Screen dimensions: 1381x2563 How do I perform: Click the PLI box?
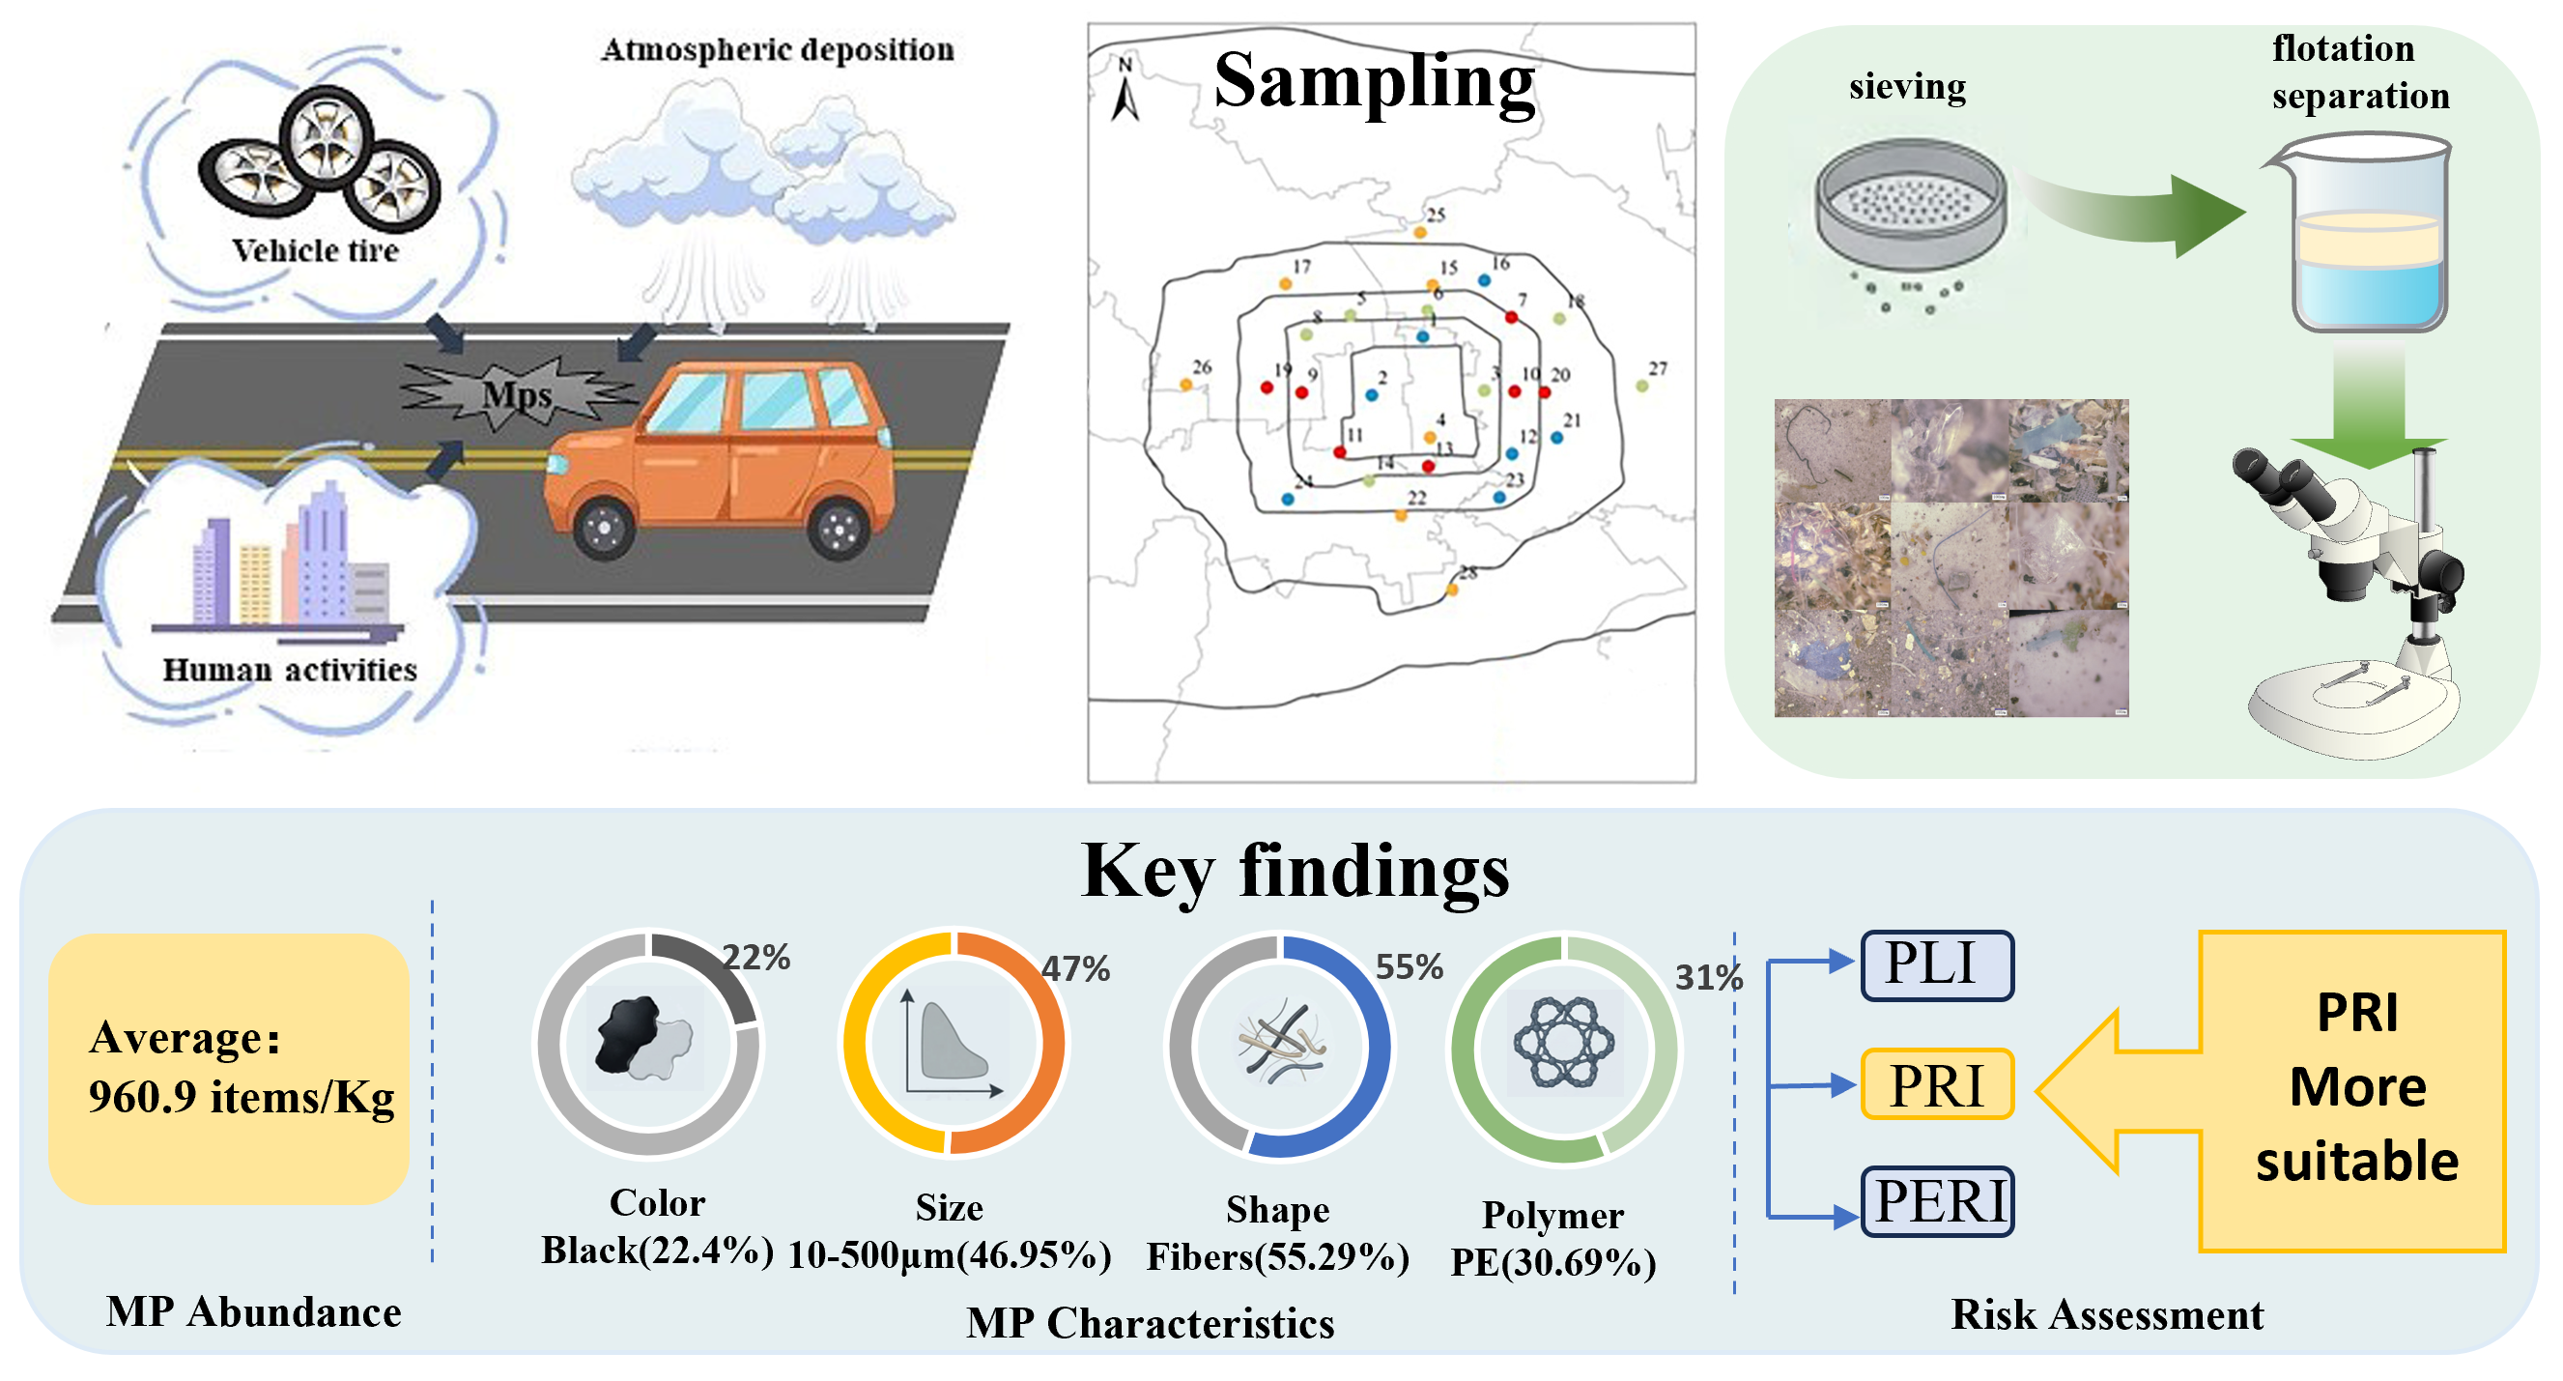click(1936, 964)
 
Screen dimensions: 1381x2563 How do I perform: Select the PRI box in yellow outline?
click(1936, 1083)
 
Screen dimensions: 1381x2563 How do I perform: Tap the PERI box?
click(1936, 1201)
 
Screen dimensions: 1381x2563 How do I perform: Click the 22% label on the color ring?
click(756, 957)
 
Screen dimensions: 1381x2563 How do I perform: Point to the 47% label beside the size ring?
click(1075, 968)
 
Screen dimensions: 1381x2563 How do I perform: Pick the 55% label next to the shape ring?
click(1409, 966)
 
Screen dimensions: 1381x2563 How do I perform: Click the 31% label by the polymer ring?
click(1708, 977)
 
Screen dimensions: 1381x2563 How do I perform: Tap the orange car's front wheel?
click(603, 529)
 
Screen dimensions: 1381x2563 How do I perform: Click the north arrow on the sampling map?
click(1125, 92)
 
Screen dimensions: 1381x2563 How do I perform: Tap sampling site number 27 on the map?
click(1642, 385)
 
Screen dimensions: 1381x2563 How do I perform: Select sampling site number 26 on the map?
click(1186, 384)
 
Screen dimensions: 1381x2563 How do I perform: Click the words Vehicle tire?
click(315, 250)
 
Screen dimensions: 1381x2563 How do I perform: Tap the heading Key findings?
click(1295, 872)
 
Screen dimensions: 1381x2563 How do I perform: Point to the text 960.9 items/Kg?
click(241, 1098)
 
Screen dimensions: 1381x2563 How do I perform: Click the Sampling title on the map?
click(1374, 81)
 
